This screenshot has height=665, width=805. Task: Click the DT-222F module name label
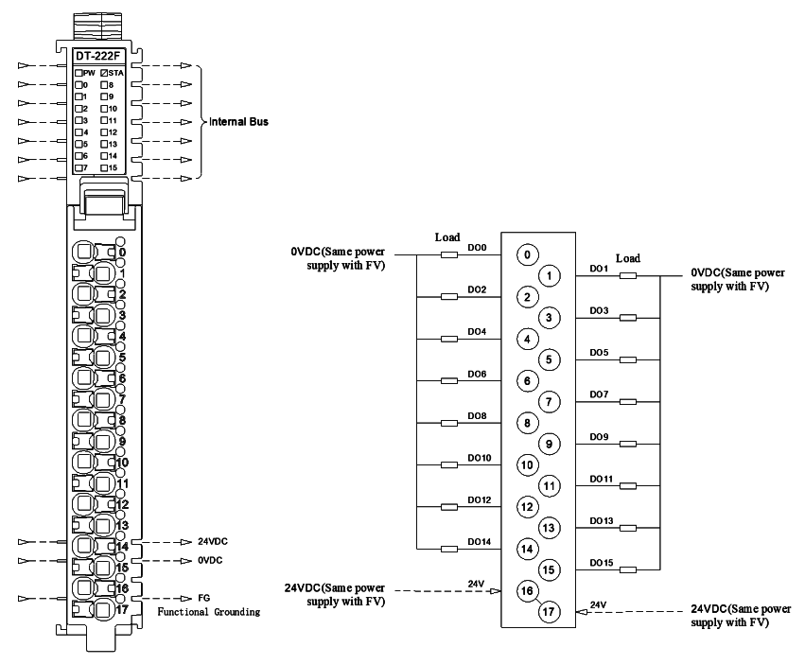pyautogui.click(x=97, y=56)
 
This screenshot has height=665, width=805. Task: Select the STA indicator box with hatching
pyautogui.click(x=104, y=73)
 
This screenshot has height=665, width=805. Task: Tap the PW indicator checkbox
pyautogui.click(x=79, y=73)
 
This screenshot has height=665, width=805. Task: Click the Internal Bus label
pyautogui.click(x=238, y=122)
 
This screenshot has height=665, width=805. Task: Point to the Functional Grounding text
pyautogui.click(x=208, y=612)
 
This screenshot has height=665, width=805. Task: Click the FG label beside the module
pyautogui.click(x=203, y=598)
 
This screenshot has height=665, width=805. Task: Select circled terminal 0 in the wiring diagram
pyautogui.click(x=527, y=254)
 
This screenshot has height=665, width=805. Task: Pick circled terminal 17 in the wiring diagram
pyautogui.click(x=549, y=612)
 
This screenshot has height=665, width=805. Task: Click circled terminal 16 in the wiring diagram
pyautogui.click(x=527, y=590)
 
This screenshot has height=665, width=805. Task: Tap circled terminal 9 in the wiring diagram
pyautogui.click(x=549, y=444)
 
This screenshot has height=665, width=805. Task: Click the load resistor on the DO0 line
pyautogui.click(x=449, y=254)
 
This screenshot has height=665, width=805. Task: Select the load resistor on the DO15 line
pyautogui.click(x=628, y=569)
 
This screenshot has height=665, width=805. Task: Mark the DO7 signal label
pyautogui.click(x=599, y=394)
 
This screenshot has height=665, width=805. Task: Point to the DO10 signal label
pyautogui.click(x=479, y=458)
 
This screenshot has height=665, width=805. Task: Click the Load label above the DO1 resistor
pyautogui.click(x=628, y=258)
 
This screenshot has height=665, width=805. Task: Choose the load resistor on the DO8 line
pyautogui.click(x=449, y=423)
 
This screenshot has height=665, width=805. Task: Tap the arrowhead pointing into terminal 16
pyautogui.click(x=496, y=591)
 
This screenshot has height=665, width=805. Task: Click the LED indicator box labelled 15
pyautogui.click(x=104, y=168)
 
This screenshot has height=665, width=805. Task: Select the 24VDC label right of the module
pyautogui.click(x=213, y=541)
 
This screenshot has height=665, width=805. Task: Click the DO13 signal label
pyautogui.click(x=602, y=520)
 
